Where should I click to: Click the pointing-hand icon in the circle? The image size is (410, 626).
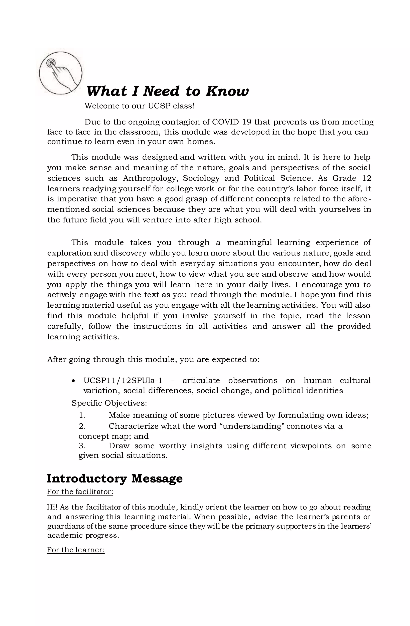[61, 73]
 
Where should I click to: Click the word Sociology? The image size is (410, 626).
[201, 178]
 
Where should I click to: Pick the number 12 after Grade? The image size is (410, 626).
[366, 178]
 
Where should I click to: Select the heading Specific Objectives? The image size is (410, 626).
[109, 403]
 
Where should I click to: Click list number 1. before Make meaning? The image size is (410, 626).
[82, 415]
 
